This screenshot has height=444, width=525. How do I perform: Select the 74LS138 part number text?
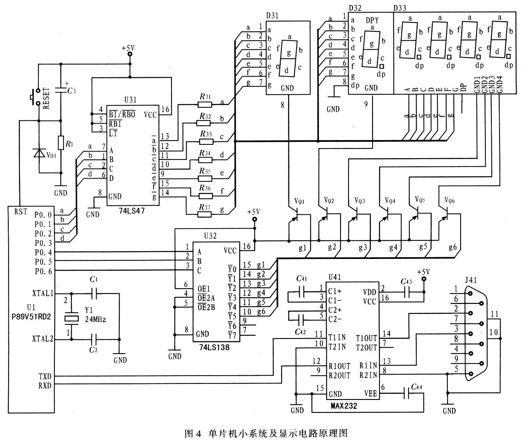point(214,347)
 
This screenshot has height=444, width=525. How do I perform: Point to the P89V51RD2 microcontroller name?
point(31,317)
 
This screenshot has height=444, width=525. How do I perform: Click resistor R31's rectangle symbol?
point(205,104)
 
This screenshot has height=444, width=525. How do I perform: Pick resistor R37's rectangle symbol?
point(205,214)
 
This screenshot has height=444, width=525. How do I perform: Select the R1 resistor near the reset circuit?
point(61,143)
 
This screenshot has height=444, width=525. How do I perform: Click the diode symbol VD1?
point(39,153)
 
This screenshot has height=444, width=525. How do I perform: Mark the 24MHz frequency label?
point(96,319)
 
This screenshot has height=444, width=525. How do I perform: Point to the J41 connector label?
point(470,280)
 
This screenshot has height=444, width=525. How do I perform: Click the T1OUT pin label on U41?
point(366,338)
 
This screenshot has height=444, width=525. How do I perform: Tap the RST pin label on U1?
point(21,212)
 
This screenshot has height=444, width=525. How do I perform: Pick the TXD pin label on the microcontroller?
point(45,376)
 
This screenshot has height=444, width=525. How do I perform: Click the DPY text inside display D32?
point(372,20)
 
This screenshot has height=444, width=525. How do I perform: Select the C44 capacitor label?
point(416,387)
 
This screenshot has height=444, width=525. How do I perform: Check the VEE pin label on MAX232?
point(371,393)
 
